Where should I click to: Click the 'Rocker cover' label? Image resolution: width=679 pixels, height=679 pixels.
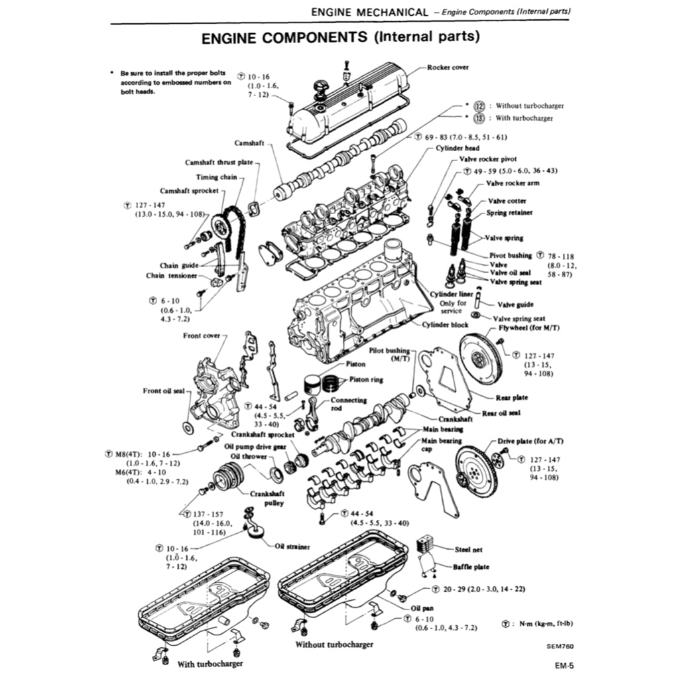pos(448,68)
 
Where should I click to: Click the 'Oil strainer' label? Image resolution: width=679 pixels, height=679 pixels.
pos(292,546)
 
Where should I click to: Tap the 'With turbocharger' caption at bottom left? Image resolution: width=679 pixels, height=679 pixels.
pos(210,664)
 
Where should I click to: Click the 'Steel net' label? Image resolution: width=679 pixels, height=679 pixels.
pos(468,550)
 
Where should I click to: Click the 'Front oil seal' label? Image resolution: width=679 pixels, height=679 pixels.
pos(164,391)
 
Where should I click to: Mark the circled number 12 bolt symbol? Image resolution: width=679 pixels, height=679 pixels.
pos(480,105)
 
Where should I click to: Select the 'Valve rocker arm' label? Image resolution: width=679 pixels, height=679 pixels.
pos(513,183)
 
